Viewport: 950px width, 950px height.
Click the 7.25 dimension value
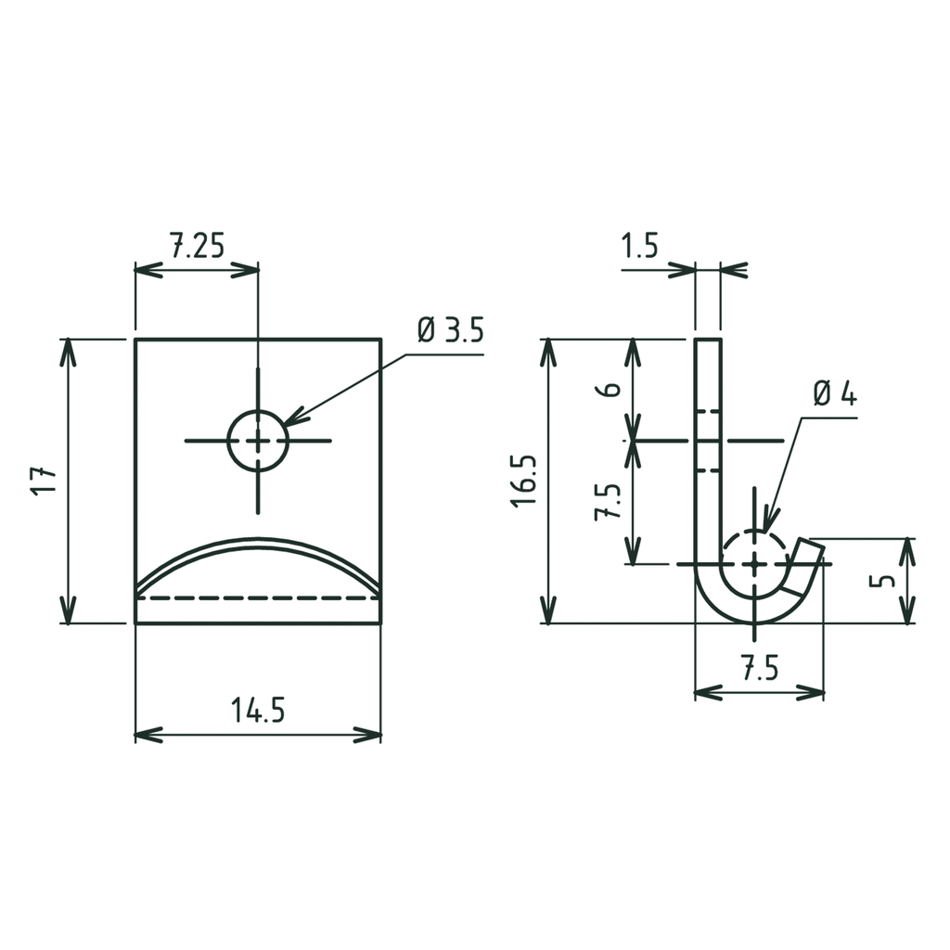point(196,247)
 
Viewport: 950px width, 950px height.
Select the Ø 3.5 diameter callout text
point(450,331)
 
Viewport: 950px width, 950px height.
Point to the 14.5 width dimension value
point(257,711)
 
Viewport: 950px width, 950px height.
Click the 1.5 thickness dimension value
point(639,247)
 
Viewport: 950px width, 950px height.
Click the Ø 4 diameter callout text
point(835,393)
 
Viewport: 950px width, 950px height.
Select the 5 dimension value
point(885,580)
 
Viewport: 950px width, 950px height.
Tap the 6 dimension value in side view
point(610,389)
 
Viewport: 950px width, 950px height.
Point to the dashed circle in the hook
point(755,563)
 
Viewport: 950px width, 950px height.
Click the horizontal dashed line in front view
point(258,598)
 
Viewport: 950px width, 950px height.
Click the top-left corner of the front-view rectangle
point(135,340)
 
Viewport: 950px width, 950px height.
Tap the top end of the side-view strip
point(708,340)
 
